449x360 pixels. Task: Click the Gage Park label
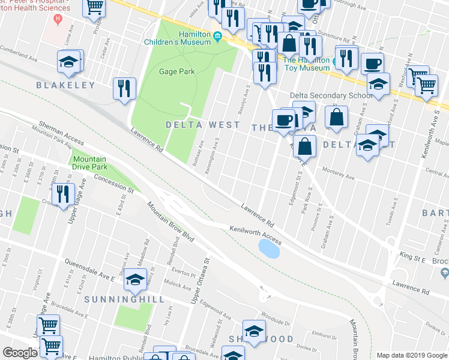[x=177, y=71]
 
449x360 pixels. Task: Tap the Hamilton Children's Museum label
[x=177, y=38]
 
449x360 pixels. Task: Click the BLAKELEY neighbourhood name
[x=65, y=85]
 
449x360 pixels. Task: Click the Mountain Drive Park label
[x=89, y=163]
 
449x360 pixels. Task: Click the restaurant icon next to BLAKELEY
[x=125, y=88]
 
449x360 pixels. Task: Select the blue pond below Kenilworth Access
[x=269, y=248]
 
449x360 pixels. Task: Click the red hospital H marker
[x=58, y=19]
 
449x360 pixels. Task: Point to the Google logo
[x=20, y=353]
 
